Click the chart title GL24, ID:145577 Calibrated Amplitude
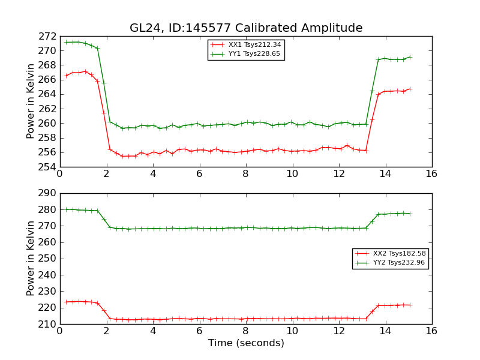(246, 28)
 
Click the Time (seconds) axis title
(246, 343)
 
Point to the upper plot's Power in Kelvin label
(31, 101)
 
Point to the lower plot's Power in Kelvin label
(31, 259)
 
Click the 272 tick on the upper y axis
(49, 36)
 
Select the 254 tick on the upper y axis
(49, 167)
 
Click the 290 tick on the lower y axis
(49, 193)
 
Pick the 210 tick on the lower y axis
(49, 324)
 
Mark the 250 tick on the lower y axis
(49, 259)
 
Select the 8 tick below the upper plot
(245, 175)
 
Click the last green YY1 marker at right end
(410, 57)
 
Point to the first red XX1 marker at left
(66, 76)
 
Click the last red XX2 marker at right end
(410, 305)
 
